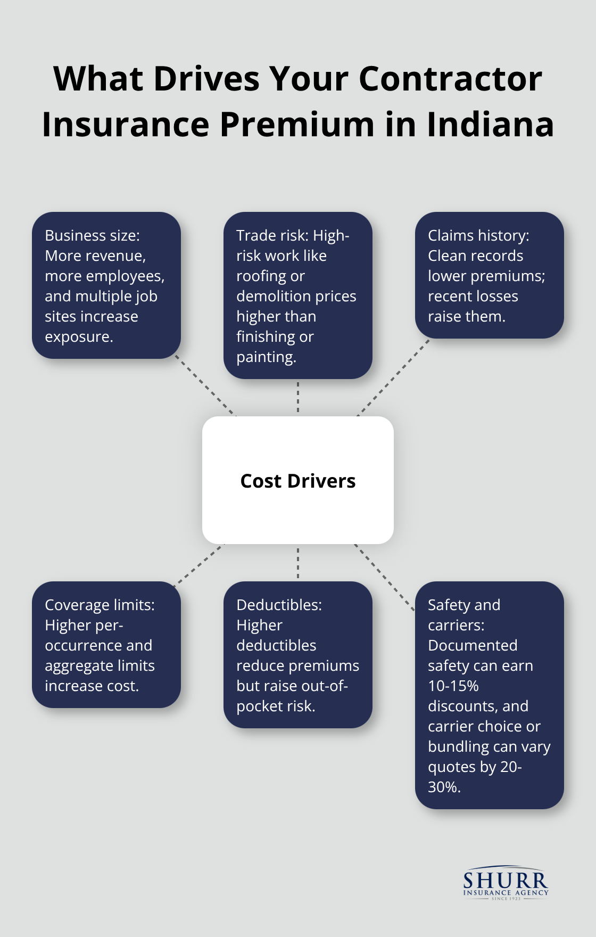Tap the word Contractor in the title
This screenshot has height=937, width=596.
(x=450, y=79)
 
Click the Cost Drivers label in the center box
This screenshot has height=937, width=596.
(x=297, y=481)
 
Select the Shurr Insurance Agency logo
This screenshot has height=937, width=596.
(x=505, y=883)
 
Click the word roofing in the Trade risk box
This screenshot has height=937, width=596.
(x=270, y=276)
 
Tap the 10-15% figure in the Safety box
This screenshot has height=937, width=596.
(x=453, y=686)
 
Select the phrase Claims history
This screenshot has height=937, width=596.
(x=478, y=235)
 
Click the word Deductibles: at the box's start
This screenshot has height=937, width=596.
(x=279, y=605)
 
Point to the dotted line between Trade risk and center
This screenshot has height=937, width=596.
(x=298, y=397)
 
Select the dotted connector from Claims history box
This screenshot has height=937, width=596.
(x=393, y=377)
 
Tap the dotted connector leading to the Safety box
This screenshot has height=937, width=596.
(x=384, y=577)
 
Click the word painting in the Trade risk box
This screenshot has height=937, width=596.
(x=266, y=357)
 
